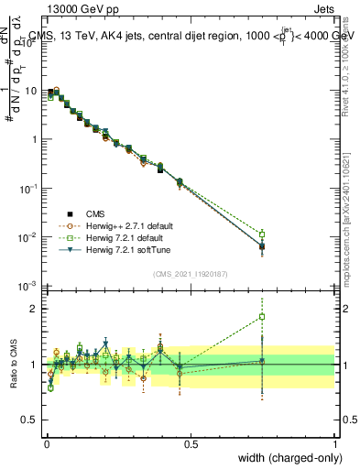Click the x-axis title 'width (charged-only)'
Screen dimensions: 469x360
tap(284, 456)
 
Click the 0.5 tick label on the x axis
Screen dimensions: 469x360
tap(191, 442)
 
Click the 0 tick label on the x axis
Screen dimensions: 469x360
tap(46, 442)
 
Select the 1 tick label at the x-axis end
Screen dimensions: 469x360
tap(334, 442)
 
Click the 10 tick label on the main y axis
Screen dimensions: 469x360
tap(31, 92)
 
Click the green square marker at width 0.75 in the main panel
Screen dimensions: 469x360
tap(262, 234)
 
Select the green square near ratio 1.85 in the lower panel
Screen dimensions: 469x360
tap(262, 317)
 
